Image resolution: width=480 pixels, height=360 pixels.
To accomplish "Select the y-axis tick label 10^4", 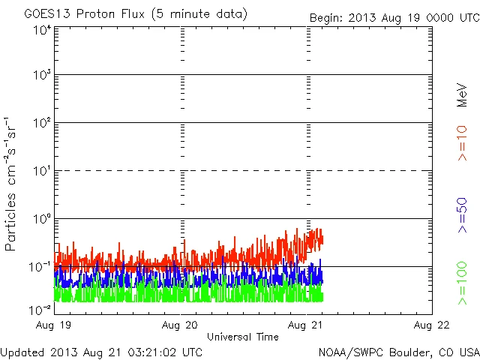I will pyautogui.click(x=41, y=31).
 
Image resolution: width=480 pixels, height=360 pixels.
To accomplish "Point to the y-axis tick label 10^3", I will pyautogui.click(x=41, y=75).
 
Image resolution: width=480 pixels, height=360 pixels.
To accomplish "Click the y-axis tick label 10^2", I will pyautogui.click(x=41, y=123).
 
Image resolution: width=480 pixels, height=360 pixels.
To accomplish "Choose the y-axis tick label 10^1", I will pyautogui.click(x=41, y=171).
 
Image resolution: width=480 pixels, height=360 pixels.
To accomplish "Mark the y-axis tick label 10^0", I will pyautogui.click(x=41, y=219).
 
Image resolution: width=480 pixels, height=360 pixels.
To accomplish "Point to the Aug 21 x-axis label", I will pyautogui.click(x=307, y=325).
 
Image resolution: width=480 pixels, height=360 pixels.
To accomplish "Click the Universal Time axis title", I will pyautogui.click(x=243, y=337).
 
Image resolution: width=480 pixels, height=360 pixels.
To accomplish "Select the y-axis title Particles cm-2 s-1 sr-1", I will pyautogui.click(x=11, y=184).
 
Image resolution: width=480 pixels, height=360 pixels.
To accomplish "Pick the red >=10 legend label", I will pyautogui.click(x=463, y=143).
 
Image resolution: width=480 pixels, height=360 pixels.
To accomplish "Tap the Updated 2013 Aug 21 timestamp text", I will pyautogui.click(x=101, y=351).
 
